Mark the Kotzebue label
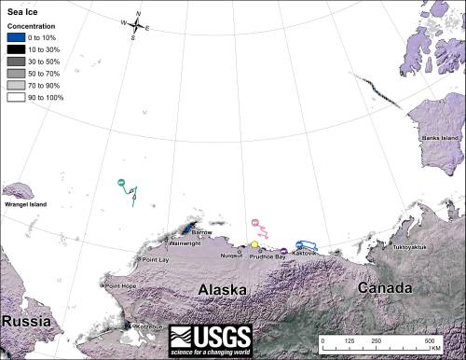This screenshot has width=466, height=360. click(150, 326)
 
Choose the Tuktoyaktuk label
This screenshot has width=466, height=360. click(413, 248)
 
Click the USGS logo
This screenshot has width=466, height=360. click(221, 339)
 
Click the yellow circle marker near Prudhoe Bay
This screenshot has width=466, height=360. click(254, 243)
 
